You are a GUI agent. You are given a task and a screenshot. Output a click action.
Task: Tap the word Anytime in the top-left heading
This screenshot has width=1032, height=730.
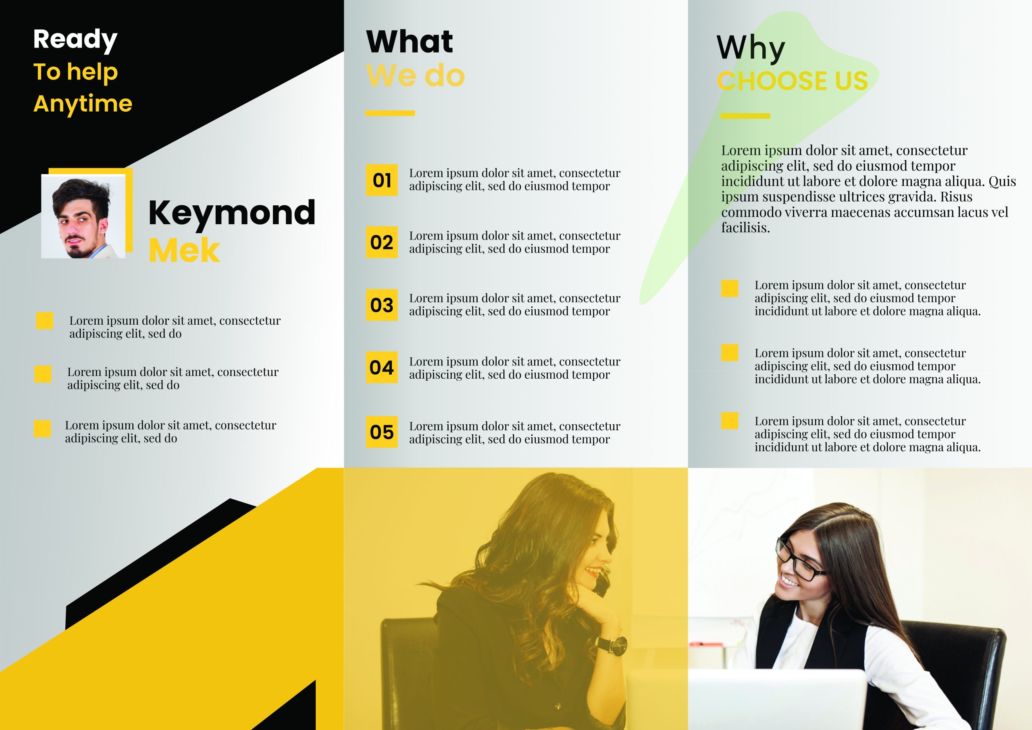83,104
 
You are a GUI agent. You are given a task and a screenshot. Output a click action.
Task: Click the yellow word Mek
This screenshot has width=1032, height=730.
184,250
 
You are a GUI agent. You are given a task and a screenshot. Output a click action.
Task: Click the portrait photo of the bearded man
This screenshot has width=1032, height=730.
83,216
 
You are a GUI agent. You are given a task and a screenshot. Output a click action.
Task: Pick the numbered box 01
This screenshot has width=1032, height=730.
382,180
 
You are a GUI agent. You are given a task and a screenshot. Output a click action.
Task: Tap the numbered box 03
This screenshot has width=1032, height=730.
382,305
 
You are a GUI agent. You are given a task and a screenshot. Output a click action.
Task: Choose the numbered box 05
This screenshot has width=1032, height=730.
382,432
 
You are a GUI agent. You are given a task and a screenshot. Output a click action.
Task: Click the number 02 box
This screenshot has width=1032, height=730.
382,242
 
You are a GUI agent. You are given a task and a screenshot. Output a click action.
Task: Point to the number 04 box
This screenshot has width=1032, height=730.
382,367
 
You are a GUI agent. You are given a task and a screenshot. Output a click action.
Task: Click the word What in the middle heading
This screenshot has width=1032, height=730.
410,42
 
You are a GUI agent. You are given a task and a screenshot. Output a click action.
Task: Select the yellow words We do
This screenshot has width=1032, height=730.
415,75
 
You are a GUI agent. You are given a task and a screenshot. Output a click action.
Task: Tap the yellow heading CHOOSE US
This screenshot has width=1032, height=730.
793,81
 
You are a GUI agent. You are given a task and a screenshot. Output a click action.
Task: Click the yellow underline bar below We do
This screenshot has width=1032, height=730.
390,113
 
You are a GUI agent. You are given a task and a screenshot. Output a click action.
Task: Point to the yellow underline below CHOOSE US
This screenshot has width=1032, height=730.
745,116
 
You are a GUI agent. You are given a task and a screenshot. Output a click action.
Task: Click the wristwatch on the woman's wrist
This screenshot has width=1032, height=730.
612,645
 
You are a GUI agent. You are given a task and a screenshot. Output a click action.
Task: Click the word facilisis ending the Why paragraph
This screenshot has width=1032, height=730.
745,227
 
